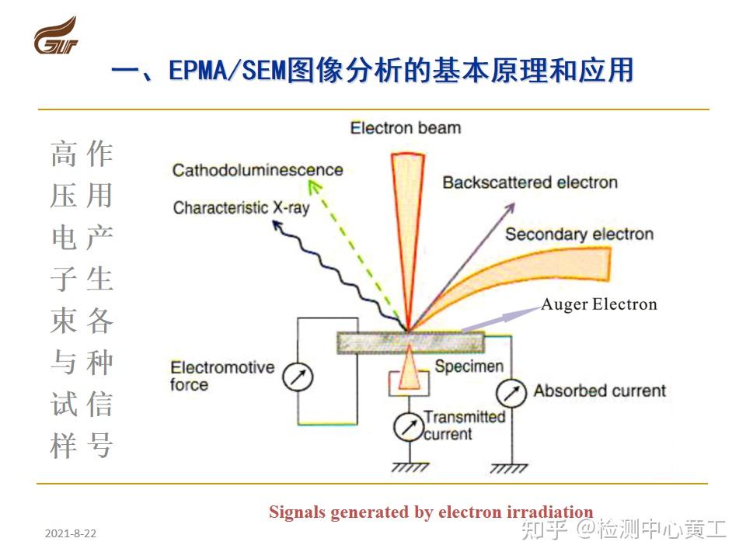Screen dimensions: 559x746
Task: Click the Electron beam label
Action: (x=405, y=127)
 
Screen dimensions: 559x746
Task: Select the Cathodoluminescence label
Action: (x=257, y=170)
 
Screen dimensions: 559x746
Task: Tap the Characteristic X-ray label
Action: (x=242, y=208)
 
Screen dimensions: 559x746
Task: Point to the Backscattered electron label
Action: (x=530, y=183)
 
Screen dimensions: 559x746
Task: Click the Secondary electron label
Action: (x=579, y=234)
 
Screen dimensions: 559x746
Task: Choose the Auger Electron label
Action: (x=598, y=304)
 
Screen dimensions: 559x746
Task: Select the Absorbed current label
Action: (x=599, y=391)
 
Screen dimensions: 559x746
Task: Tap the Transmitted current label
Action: (x=464, y=425)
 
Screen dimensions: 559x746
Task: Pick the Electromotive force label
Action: (x=222, y=376)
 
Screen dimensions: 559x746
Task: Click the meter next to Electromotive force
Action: (x=297, y=378)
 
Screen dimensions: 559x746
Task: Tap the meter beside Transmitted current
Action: (x=406, y=425)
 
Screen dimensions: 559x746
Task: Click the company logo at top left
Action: (x=56, y=37)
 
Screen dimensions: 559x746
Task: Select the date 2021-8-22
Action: (x=71, y=534)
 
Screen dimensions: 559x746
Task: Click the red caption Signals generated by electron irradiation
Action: (x=431, y=512)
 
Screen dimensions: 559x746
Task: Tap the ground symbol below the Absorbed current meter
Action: (x=511, y=467)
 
